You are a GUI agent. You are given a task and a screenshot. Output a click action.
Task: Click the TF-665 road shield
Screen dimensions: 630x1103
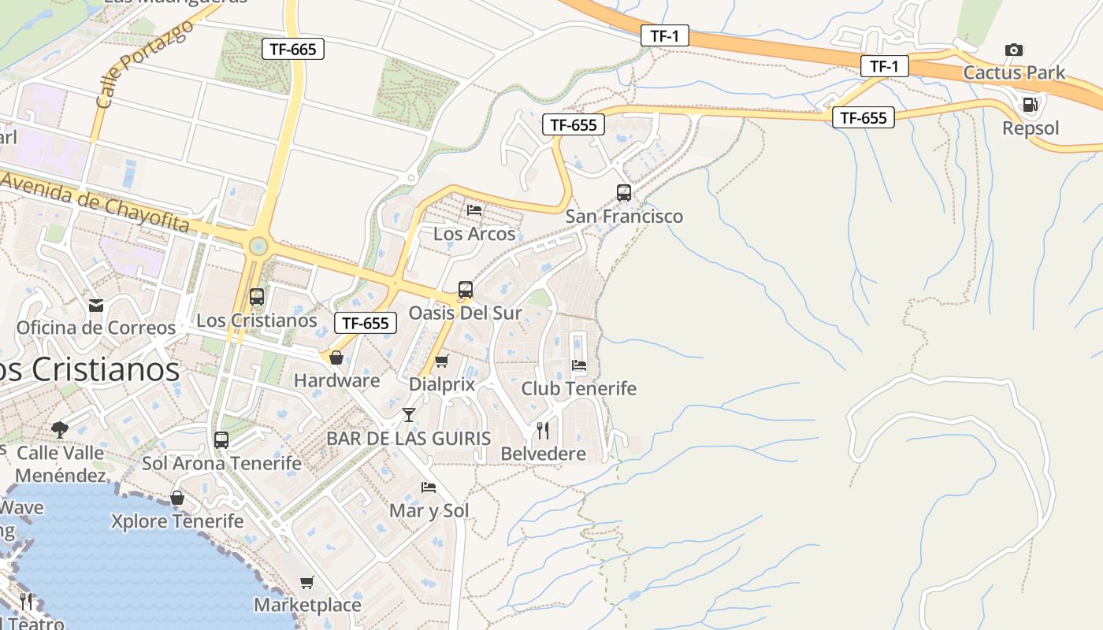point(292,49)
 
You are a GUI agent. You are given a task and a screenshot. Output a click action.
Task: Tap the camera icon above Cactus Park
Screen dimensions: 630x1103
point(1014,50)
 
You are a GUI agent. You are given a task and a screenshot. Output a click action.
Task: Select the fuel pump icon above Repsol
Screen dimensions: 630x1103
point(1030,104)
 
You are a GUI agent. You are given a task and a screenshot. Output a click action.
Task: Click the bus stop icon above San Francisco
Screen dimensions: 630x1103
point(624,193)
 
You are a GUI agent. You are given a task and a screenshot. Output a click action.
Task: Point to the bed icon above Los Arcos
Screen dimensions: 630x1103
point(474,210)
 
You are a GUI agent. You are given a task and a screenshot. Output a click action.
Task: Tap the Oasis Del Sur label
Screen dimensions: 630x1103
point(465,313)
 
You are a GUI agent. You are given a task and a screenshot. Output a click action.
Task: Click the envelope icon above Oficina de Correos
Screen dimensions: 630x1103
point(96,305)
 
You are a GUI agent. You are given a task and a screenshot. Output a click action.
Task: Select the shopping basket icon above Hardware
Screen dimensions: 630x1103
point(336,358)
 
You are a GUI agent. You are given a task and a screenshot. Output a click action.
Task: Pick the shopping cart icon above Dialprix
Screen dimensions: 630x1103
point(442,361)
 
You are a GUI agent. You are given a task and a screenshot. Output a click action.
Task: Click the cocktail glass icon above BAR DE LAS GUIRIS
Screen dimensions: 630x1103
point(409,415)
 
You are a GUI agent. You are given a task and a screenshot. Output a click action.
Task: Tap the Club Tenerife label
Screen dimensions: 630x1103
point(579,388)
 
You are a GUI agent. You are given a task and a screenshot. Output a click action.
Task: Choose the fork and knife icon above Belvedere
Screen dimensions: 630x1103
point(543,430)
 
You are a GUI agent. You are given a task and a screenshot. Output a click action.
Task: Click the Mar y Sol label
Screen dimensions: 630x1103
point(429,511)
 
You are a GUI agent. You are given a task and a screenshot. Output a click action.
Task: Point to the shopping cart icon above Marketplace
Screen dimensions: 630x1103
point(306,582)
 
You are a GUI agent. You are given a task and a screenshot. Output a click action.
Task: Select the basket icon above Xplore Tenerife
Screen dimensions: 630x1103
point(177,498)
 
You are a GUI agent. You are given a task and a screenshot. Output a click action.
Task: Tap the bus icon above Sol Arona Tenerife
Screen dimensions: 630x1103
point(221,440)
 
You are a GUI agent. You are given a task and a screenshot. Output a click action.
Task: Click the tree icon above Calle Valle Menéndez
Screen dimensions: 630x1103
point(59,429)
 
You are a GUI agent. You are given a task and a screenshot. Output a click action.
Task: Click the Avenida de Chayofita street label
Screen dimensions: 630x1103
point(95,201)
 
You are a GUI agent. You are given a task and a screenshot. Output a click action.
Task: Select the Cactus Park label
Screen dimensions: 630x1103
point(1014,73)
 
